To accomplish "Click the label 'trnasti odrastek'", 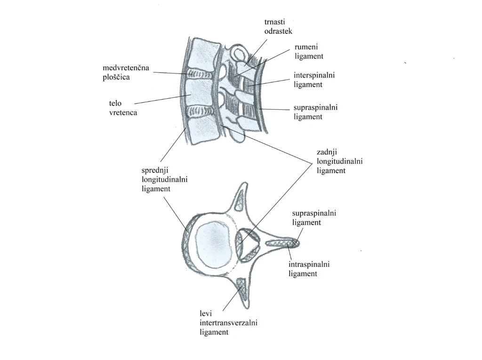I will tap(278, 25).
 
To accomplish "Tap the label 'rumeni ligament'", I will tap(309, 51).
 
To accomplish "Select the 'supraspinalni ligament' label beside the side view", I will tap(315, 112).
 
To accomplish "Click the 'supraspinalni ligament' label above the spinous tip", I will tap(314, 218).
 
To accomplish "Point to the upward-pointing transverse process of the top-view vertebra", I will tap(240, 198).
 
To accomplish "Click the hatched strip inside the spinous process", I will tap(281, 243).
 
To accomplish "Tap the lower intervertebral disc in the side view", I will tap(200, 112).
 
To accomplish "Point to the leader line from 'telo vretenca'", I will tap(160, 98).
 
